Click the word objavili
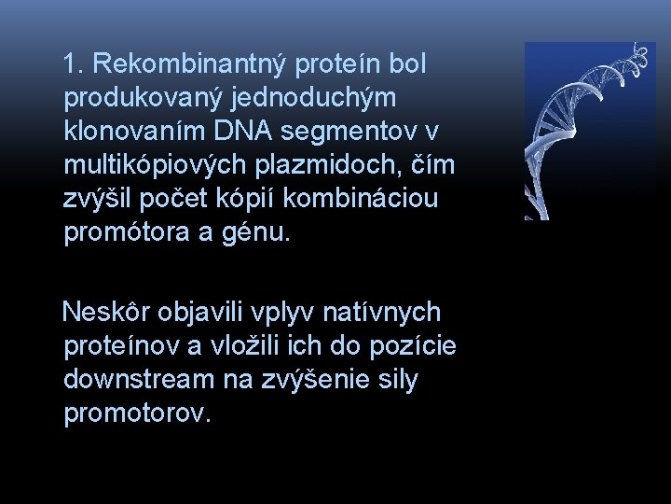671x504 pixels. pos(194,312)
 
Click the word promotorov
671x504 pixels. pos(136,413)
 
